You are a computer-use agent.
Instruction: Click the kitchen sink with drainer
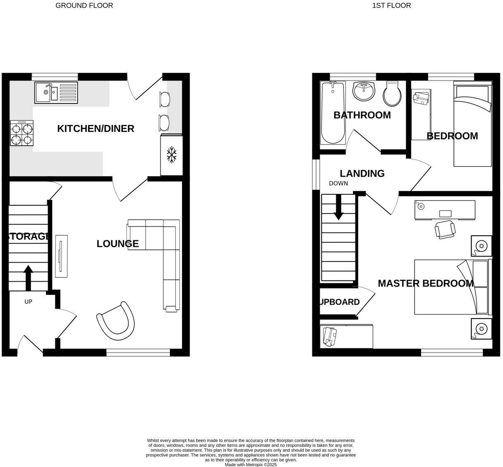[x=56, y=93]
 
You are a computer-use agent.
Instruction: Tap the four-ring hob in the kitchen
[x=22, y=133]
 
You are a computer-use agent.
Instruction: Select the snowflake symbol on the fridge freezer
[x=171, y=155]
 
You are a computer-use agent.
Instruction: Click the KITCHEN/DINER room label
[x=96, y=129]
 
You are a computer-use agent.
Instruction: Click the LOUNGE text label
[x=117, y=244]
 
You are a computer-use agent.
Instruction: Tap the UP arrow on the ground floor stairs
[x=28, y=277]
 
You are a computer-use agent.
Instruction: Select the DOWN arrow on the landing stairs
[x=338, y=207]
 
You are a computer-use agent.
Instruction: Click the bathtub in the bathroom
[x=333, y=112]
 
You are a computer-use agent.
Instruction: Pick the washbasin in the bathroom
[x=364, y=91]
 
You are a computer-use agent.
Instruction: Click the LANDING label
[x=362, y=174]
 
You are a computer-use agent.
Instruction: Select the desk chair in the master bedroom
[x=445, y=229]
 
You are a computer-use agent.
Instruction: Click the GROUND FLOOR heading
[x=84, y=5]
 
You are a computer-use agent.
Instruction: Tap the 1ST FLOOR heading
[x=391, y=5]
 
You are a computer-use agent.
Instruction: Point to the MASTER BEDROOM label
[x=425, y=283]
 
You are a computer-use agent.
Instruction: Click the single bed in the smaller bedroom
[x=472, y=124]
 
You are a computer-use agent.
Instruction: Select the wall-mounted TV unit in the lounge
[x=61, y=256]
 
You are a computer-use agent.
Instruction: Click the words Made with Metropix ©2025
[x=251, y=465]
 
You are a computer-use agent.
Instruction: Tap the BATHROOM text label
[x=362, y=115]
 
